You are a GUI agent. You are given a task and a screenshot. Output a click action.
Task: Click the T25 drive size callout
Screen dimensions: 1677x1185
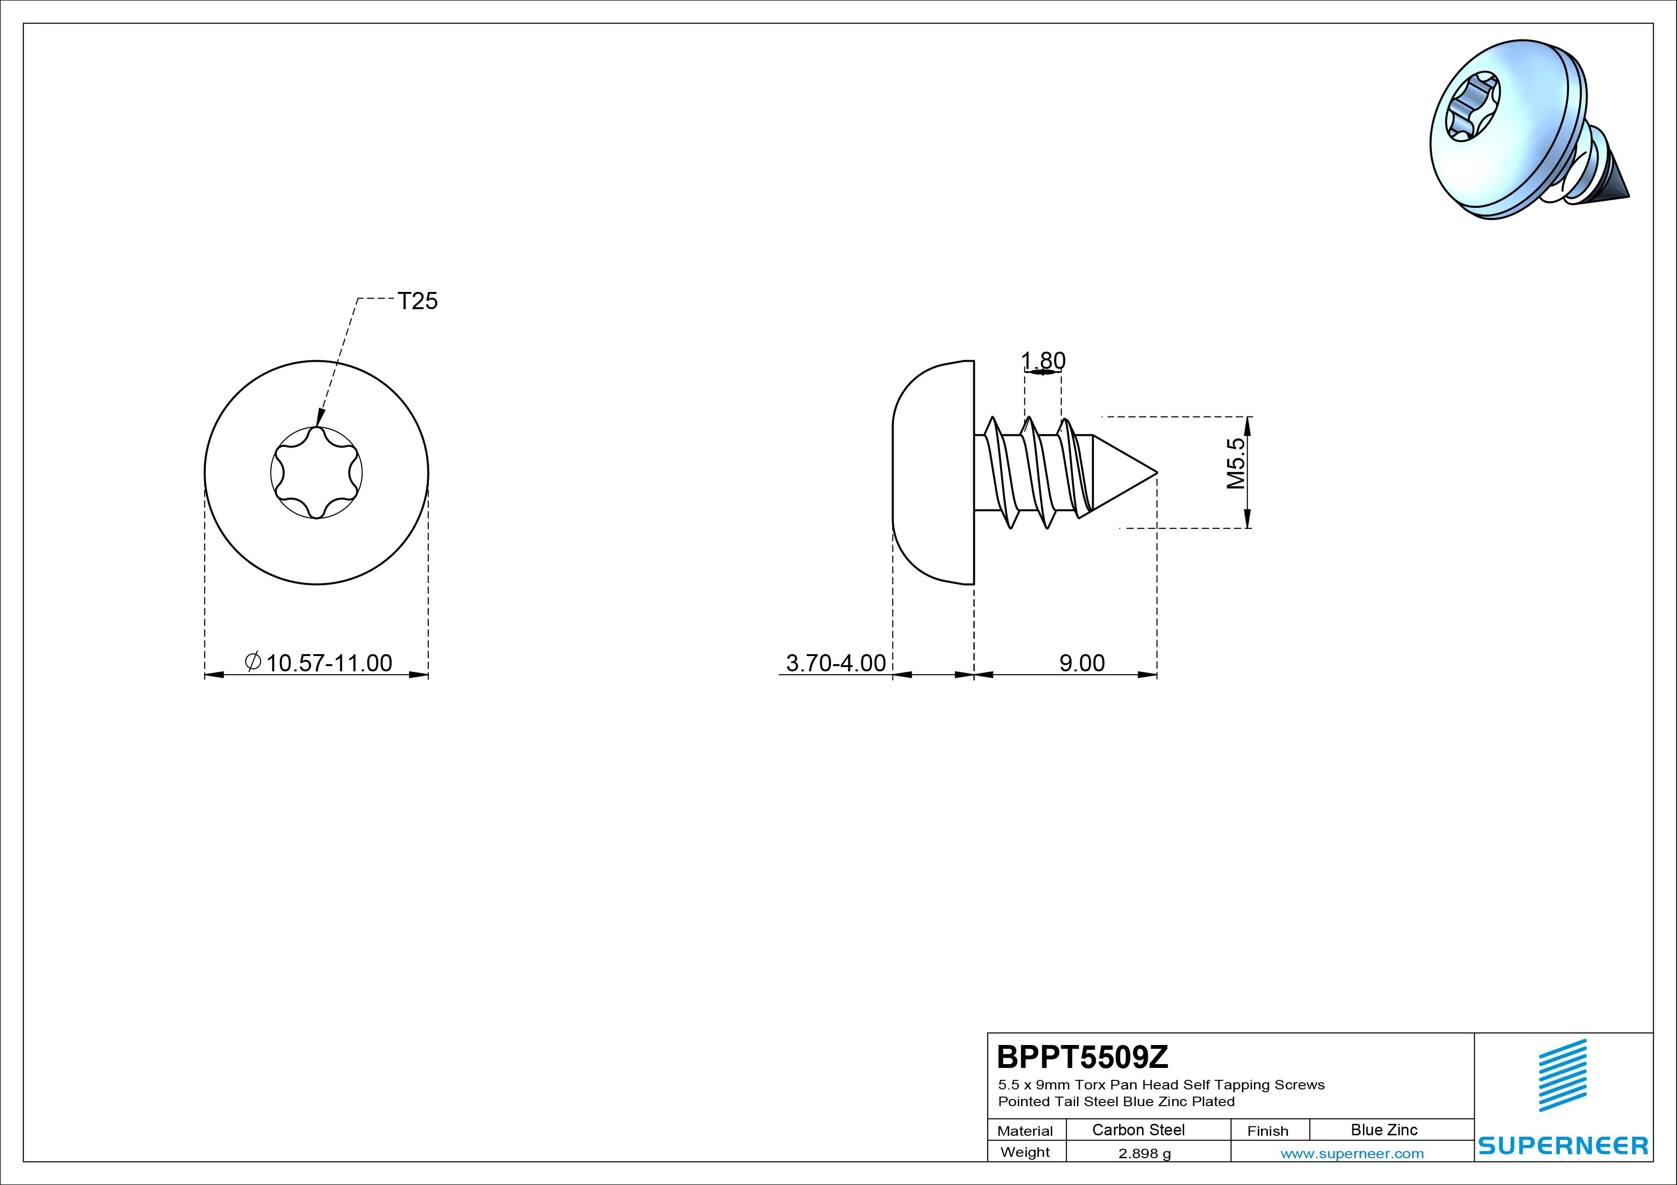[417, 301]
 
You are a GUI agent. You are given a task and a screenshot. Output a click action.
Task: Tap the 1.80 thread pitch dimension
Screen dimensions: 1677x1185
[1043, 361]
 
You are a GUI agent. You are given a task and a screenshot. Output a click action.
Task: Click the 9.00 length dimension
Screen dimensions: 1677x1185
[1082, 663]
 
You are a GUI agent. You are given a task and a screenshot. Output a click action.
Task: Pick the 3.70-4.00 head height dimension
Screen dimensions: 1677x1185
[836, 663]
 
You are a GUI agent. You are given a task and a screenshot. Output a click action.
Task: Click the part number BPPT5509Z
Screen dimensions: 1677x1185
[1082, 1056]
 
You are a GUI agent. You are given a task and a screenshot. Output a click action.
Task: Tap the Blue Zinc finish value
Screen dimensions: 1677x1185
[1384, 1130]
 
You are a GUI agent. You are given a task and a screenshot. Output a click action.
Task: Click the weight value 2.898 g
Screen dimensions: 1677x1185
[1144, 1153]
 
